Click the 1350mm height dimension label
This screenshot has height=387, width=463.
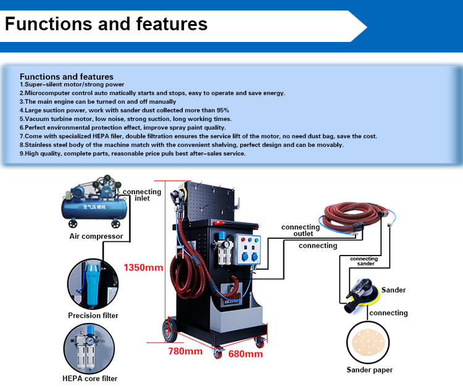[144, 268]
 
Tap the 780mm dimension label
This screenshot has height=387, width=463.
[186, 352]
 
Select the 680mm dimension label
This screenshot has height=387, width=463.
[245, 354]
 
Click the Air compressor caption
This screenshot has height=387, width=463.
[96, 236]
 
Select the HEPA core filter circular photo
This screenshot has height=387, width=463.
[91, 347]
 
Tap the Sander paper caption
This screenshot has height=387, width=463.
[369, 370]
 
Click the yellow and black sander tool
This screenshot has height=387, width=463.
[356, 294]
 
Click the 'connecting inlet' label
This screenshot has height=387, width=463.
[143, 195]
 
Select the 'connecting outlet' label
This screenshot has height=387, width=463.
[301, 230]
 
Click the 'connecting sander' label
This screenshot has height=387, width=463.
[364, 261]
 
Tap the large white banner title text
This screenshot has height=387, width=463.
[106, 24]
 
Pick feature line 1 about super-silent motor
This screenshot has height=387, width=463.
[72, 84]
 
